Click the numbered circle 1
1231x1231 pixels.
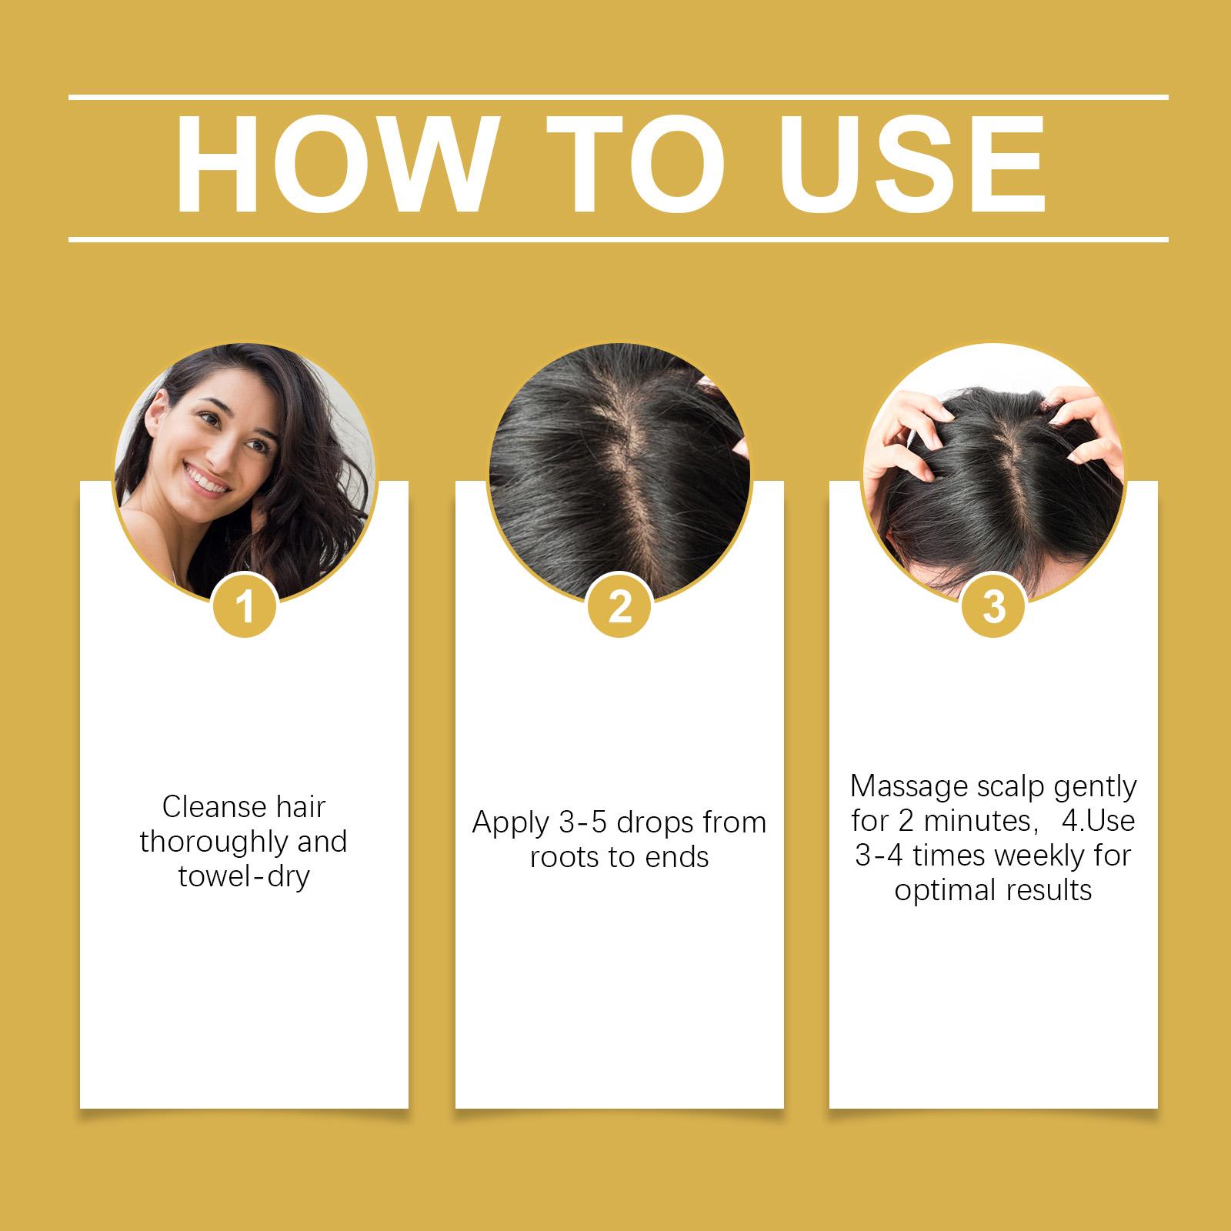(245, 608)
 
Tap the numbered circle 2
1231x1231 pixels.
(619, 608)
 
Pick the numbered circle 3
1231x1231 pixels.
(994, 608)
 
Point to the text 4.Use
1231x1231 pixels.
(1099, 821)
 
